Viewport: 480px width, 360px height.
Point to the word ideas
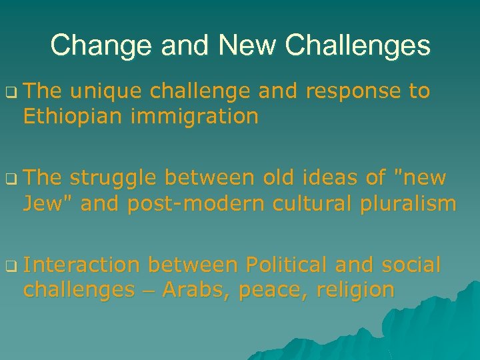pos(319,178)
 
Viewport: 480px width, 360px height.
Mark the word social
pos(411,265)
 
